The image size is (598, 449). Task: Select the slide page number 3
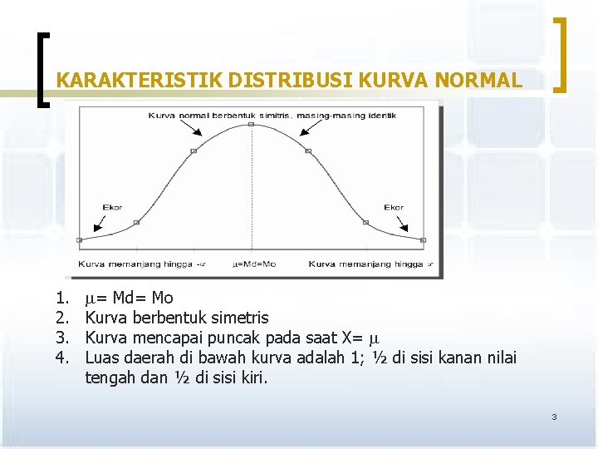click(x=554, y=417)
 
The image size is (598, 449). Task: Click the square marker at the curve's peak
click(x=251, y=125)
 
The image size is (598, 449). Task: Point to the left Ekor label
click(x=112, y=207)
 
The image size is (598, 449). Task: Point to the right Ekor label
click(x=394, y=207)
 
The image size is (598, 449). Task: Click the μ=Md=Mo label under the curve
click(x=254, y=264)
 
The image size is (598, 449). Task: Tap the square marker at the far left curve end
click(x=80, y=239)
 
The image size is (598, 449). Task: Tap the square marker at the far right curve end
click(x=423, y=239)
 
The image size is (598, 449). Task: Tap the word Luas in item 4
click(x=101, y=358)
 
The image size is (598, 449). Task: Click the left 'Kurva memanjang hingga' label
click(x=138, y=264)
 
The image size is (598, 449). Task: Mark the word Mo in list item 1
click(x=163, y=298)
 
